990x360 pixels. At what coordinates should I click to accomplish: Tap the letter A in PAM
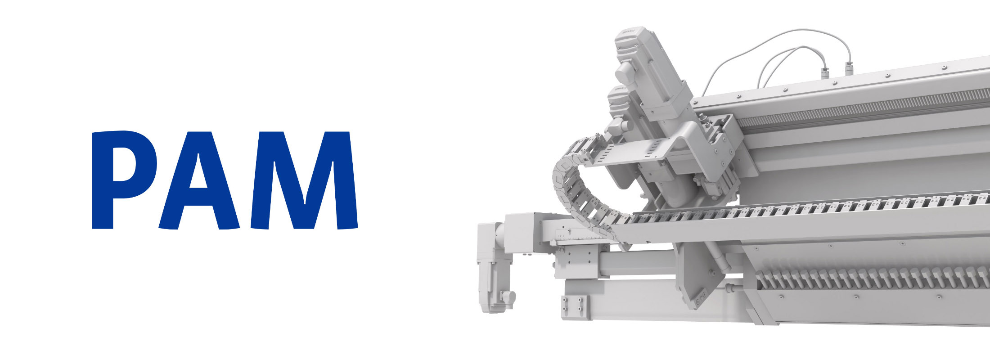click(199, 180)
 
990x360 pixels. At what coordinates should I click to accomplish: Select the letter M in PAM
click(304, 180)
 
